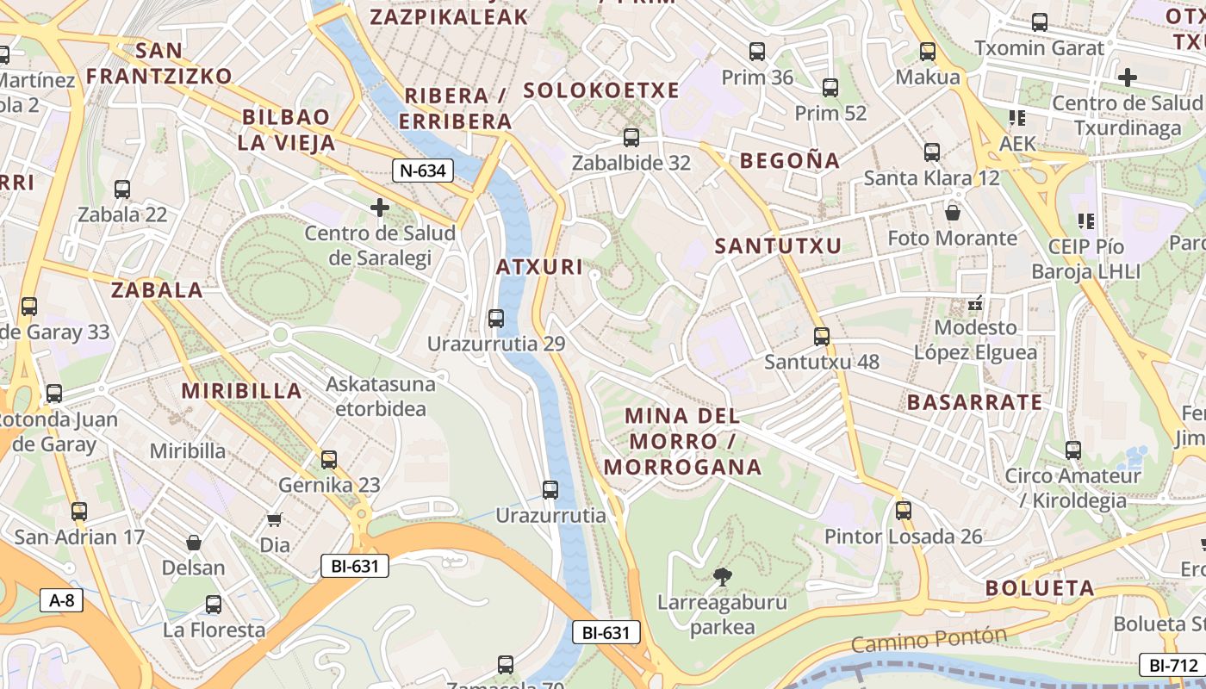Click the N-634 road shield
click(423, 171)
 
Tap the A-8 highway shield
click(62, 600)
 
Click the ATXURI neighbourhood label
click(540, 267)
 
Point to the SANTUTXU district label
click(778, 246)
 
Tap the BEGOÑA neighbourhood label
click(789, 160)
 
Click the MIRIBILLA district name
click(241, 391)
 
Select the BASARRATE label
click(974, 402)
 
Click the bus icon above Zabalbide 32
click(631, 138)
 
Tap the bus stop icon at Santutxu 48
click(822, 337)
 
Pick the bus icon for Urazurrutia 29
click(496, 319)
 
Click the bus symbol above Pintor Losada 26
click(903, 511)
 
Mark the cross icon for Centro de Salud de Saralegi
click(379, 208)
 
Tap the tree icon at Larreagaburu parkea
click(722, 576)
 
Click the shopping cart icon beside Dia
click(275, 519)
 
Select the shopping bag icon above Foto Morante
click(953, 212)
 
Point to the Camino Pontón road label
click(929, 639)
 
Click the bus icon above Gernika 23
click(329, 460)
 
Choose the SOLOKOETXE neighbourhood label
click(601, 90)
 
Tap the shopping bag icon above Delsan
click(194, 543)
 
